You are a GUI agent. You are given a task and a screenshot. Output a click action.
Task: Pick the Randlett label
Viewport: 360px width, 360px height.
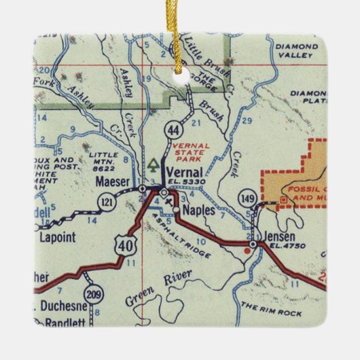(65, 323)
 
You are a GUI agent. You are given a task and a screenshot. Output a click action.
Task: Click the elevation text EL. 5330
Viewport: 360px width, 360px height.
(189, 183)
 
